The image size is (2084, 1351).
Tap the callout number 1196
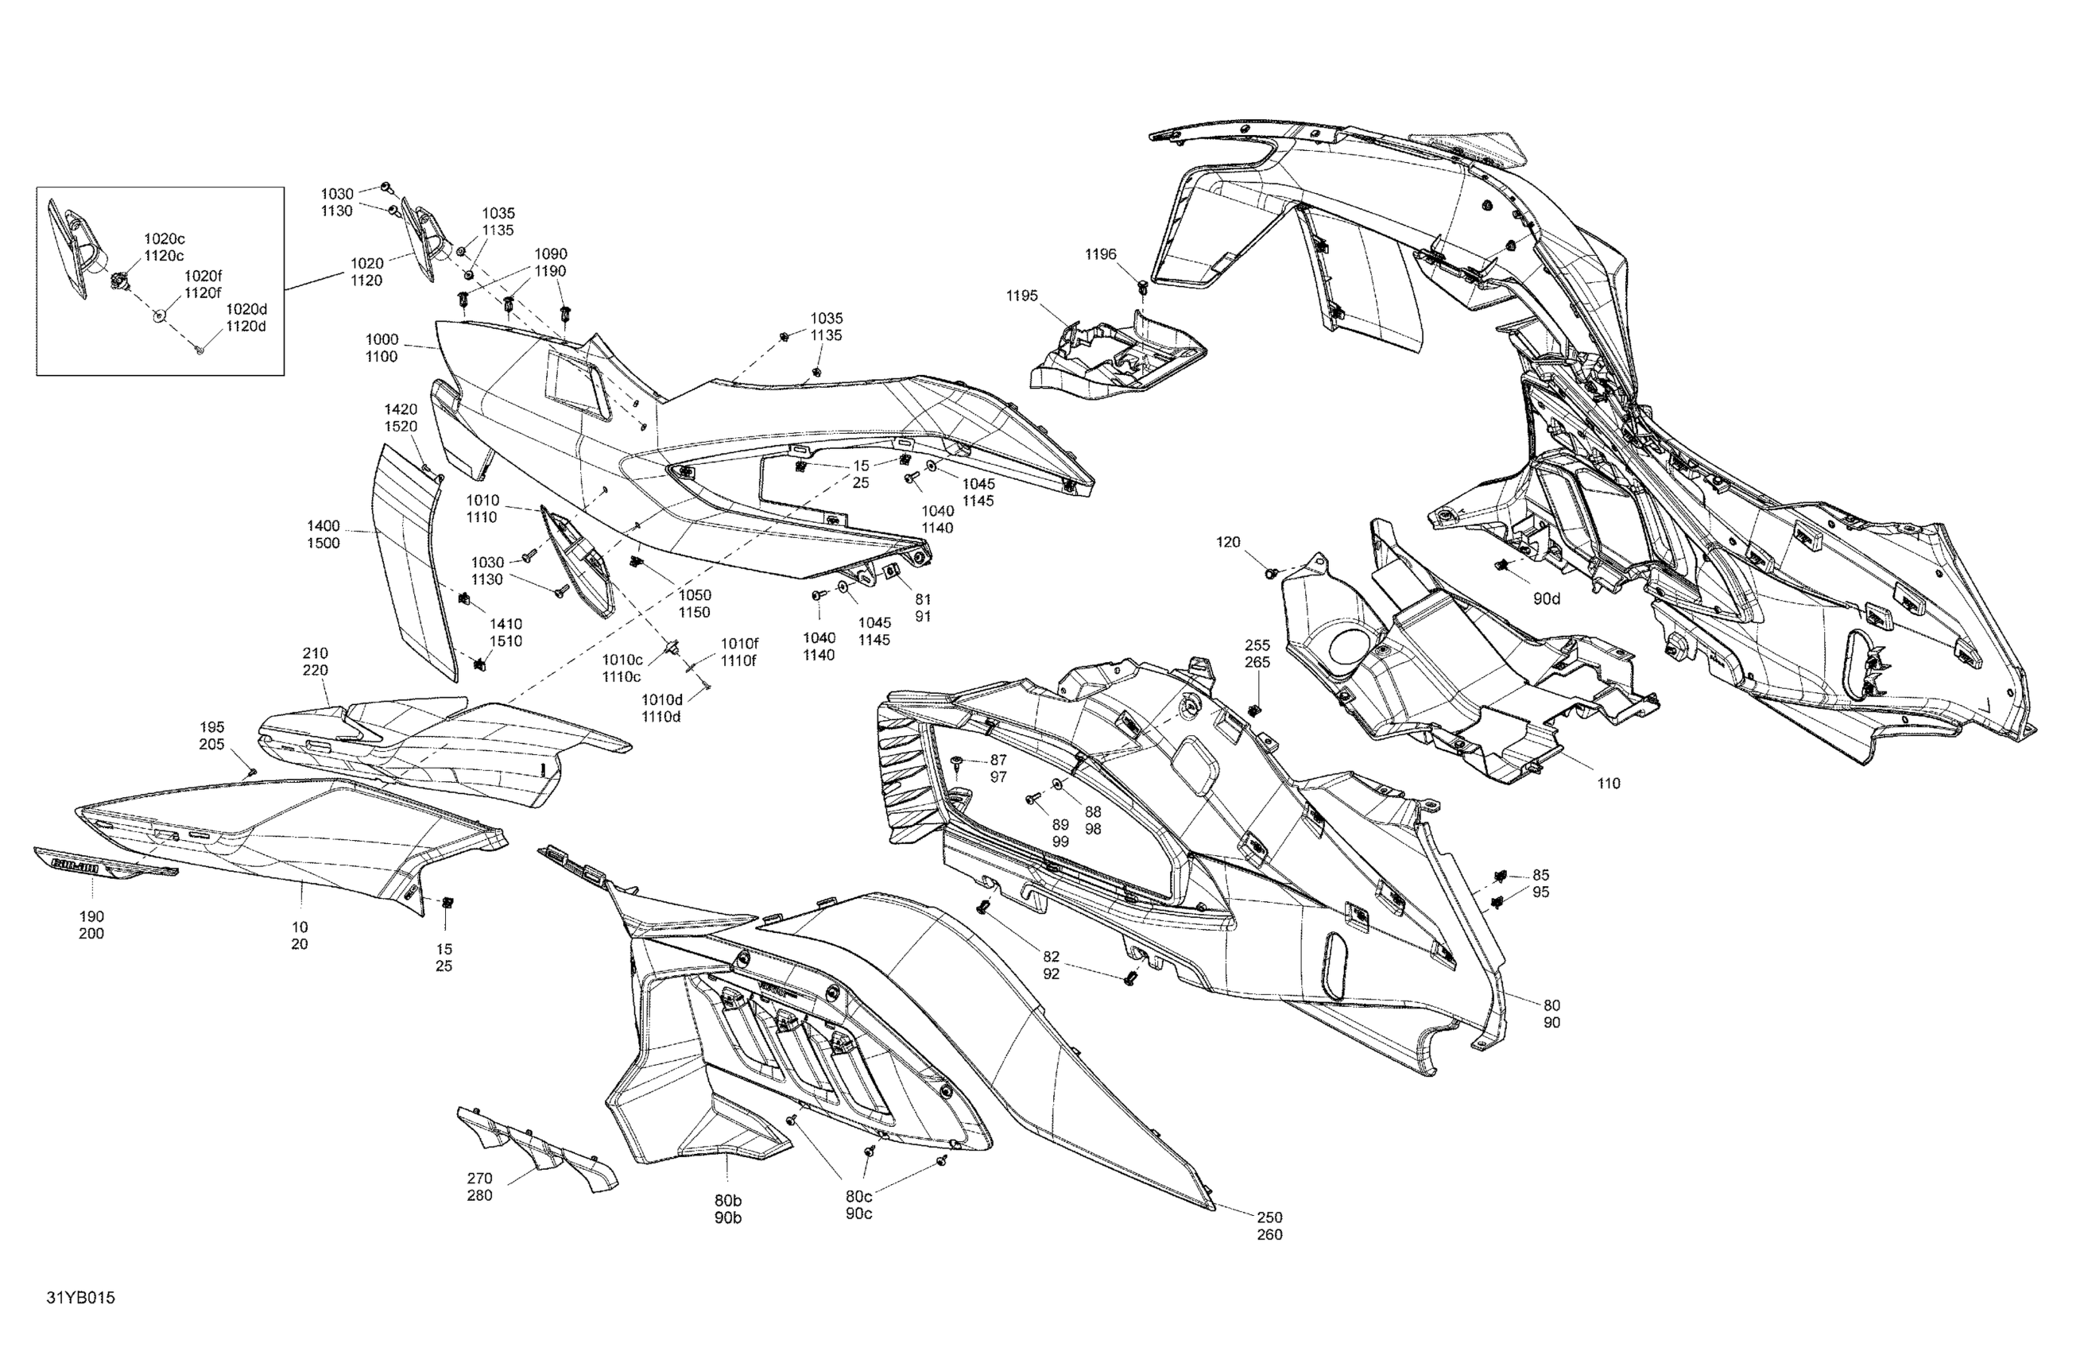coord(1101,255)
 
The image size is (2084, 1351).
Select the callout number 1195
coord(1022,296)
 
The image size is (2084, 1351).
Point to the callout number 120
coord(1229,543)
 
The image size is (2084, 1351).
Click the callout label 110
coord(1609,784)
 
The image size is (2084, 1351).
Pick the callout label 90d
coord(1547,599)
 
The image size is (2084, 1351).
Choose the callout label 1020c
coord(165,239)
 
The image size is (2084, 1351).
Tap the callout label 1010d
coord(662,699)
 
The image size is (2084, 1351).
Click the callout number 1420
coord(401,410)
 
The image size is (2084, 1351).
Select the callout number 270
coord(480,1179)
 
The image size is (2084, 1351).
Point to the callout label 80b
coord(727,1200)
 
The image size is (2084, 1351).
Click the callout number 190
coord(91,917)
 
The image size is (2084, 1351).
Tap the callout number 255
coord(1257,645)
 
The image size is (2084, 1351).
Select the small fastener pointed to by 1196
coord(1143,287)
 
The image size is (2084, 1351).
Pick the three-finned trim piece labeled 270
coord(534,1147)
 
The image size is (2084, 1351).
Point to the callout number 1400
coord(323,526)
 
